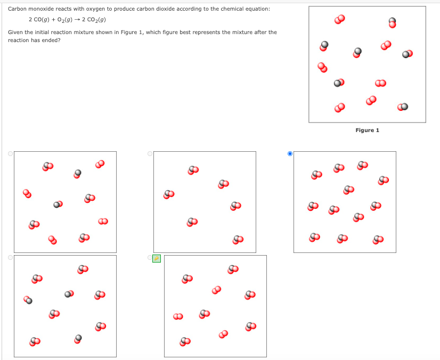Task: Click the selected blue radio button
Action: [290, 153]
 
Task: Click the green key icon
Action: [156, 258]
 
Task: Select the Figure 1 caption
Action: [367, 130]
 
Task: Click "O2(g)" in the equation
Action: [59, 20]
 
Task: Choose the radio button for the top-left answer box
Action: [10, 153]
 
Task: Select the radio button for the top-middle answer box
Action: [150, 153]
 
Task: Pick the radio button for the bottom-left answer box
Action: [10, 257]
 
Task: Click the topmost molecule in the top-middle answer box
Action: [193, 170]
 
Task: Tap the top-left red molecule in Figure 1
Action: [340, 20]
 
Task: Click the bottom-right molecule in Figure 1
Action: [403, 107]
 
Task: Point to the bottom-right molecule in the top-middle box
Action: [237, 240]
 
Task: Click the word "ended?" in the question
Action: [50, 40]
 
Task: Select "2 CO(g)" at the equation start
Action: [38, 20]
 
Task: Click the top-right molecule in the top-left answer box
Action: [100, 163]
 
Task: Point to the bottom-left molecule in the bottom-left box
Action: [35, 340]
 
